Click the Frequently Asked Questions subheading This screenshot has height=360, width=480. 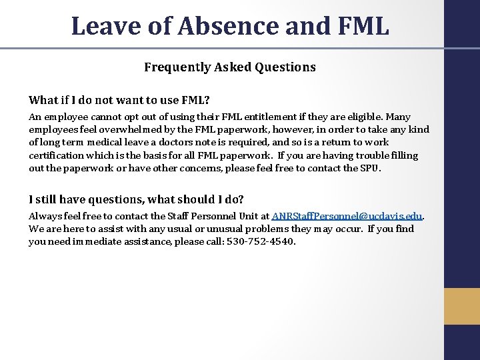[x=230, y=67]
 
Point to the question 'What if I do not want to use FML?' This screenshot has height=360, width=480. [x=119, y=100]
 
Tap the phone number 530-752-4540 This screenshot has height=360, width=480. [x=263, y=241]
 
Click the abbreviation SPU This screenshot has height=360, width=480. [x=370, y=168]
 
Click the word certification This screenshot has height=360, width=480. [x=57, y=155]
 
